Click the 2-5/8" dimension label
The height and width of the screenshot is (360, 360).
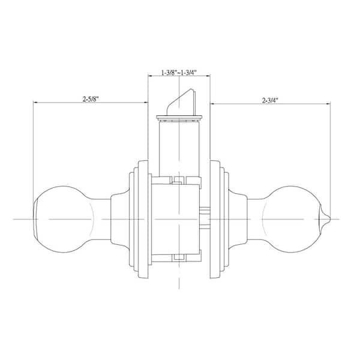pyautogui.click(x=91, y=99)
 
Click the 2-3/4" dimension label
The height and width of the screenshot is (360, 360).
pyautogui.click(x=270, y=100)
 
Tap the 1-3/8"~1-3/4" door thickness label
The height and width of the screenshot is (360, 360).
pyautogui.click(x=179, y=73)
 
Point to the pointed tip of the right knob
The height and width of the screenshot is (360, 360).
pyautogui.click(x=329, y=218)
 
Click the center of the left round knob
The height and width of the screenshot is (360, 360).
pyautogui.click(x=64, y=219)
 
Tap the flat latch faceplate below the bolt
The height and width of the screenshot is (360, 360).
pyautogui.click(x=179, y=118)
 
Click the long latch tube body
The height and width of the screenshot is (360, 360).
pyautogui.click(x=179, y=149)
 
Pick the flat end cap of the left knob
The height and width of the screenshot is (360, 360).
pyautogui.click(x=36, y=219)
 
